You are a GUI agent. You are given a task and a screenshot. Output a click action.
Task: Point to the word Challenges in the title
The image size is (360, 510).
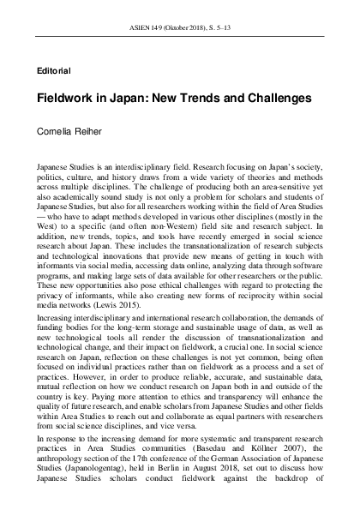tap(278, 99)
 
